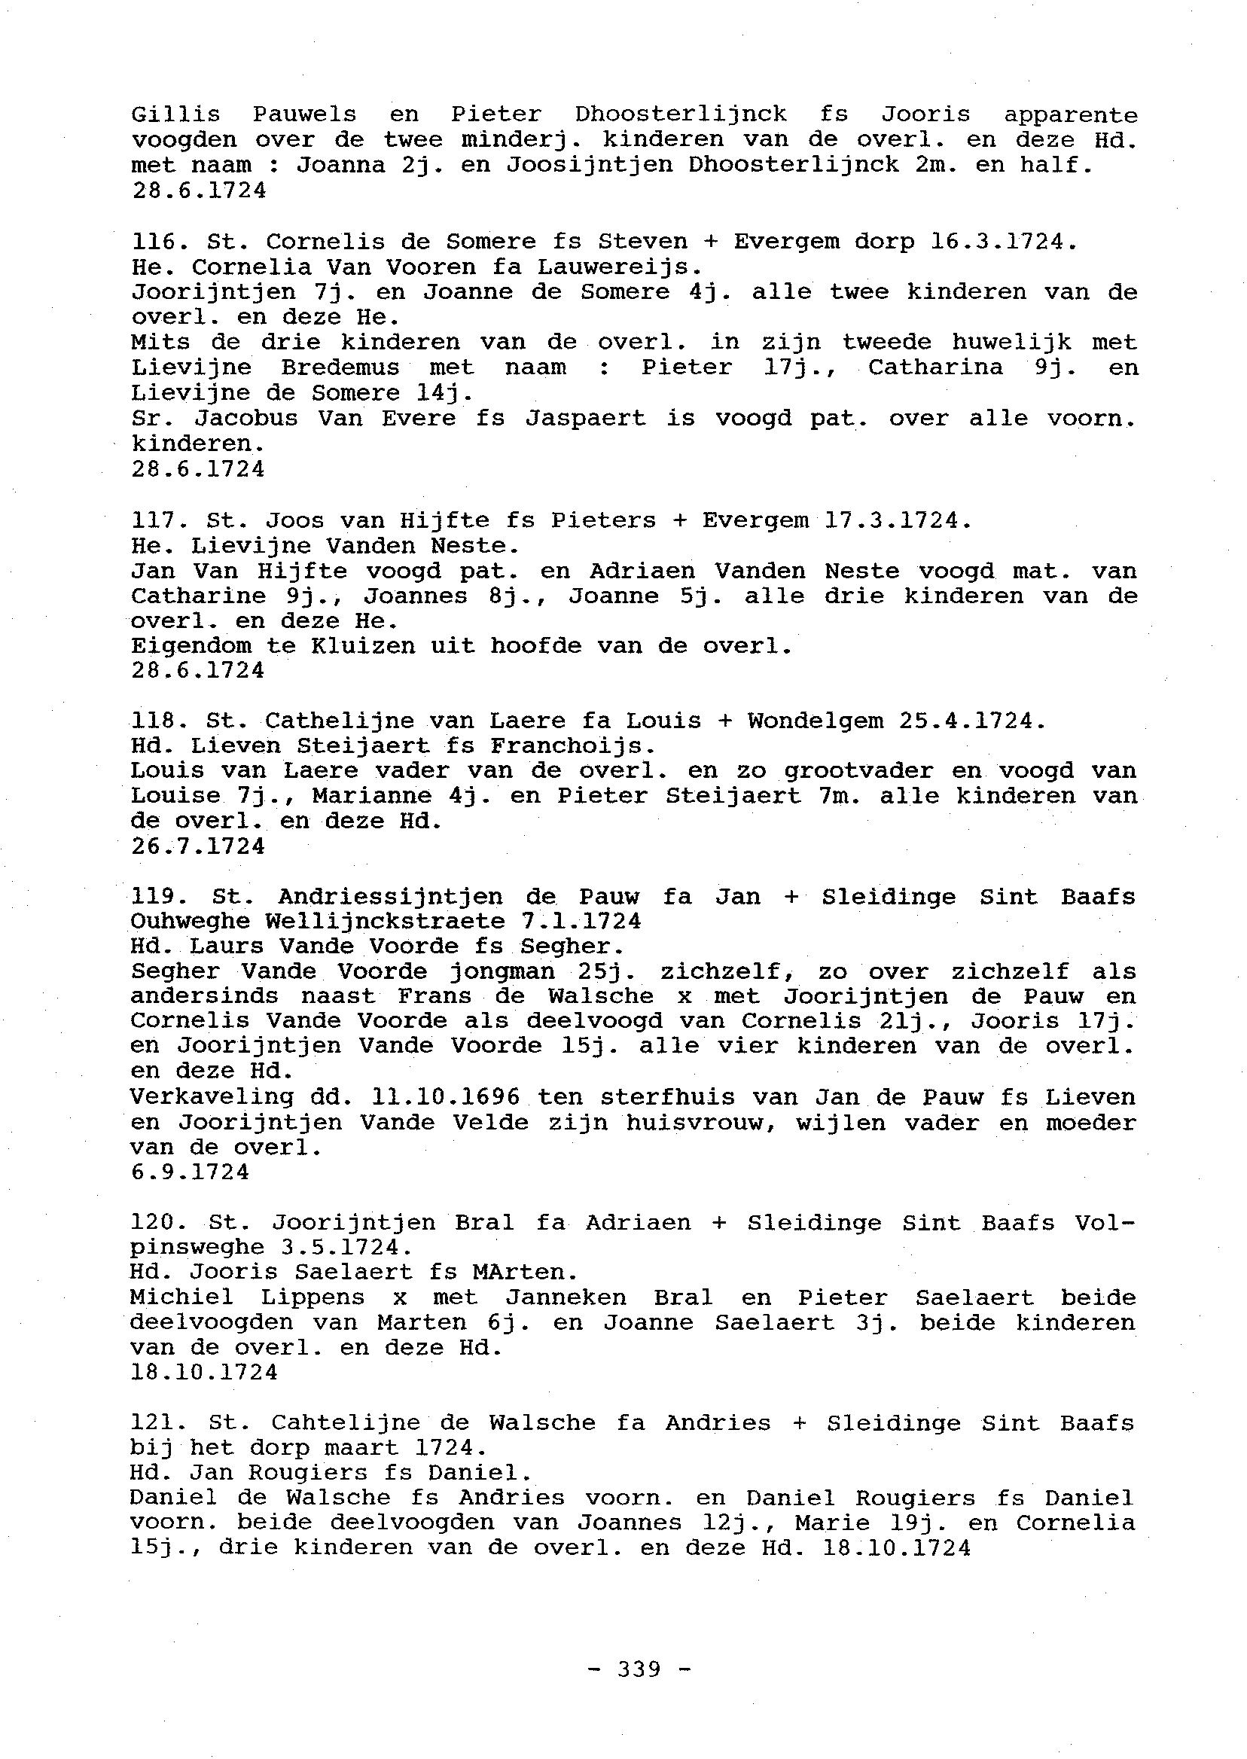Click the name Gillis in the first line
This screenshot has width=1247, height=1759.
176,114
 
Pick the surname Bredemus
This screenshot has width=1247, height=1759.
340,367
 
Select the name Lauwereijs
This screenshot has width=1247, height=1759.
626,267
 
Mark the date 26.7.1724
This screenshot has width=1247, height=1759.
198,846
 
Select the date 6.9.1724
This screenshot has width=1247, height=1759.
191,1172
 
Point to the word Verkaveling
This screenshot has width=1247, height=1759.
212,1097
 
